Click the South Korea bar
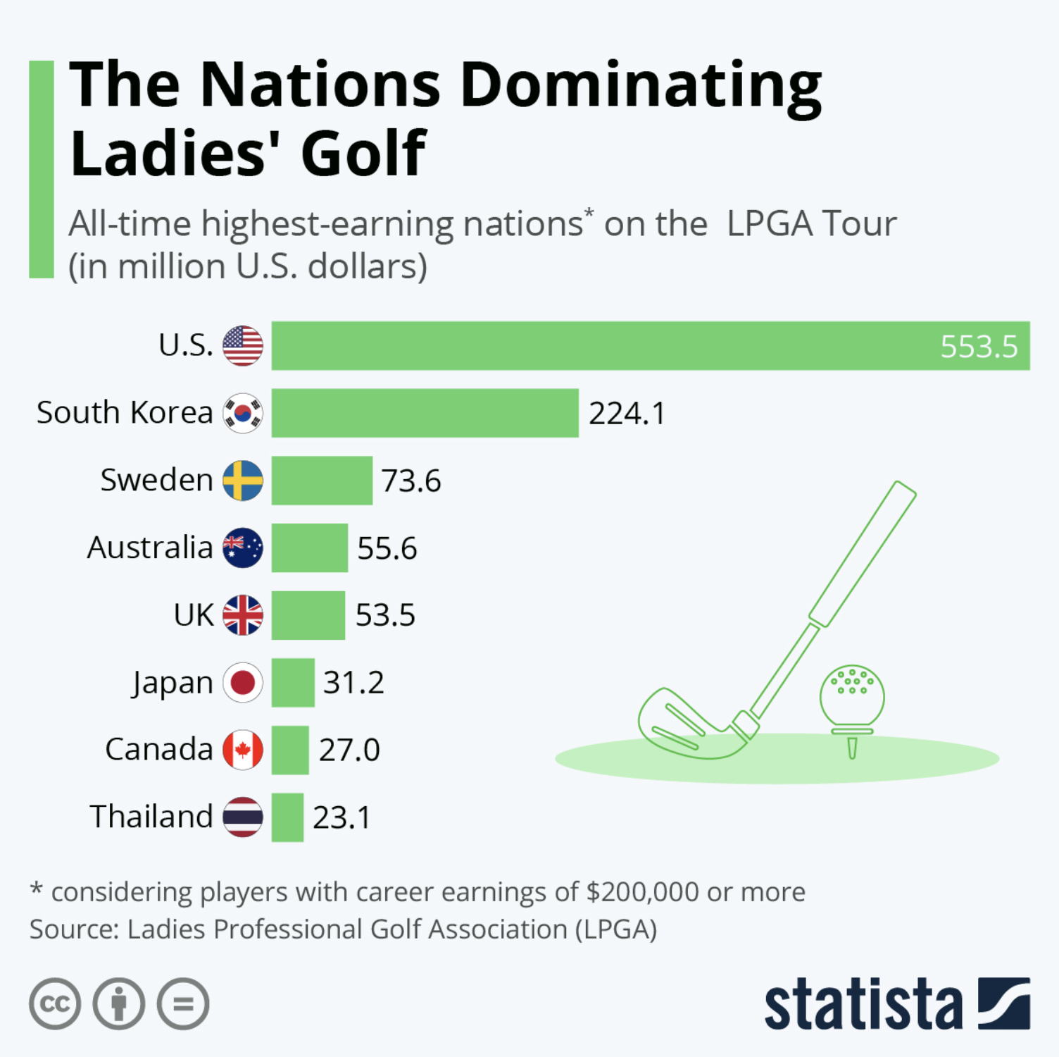click(x=425, y=413)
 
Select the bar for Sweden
click(x=322, y=481)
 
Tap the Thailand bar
click(x=287, y=817)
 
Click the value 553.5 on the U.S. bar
click(x=979, y=347)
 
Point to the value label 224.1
click(x=627, y=414)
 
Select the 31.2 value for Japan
click(x=353, y=683)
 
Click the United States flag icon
click(x=243, y=346)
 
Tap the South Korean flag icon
click(x=243, y=413)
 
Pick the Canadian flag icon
click(x=243, y=750)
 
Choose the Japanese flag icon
click(x=243, y=682)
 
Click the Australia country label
click(x=150, y=548)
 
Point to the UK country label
click(x=194, y=615)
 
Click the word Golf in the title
click(x=363, y=154)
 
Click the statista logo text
click(x=863, y=1004)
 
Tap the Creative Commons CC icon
click(x=55, y=1003)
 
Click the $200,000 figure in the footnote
click(x=642, y=892)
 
